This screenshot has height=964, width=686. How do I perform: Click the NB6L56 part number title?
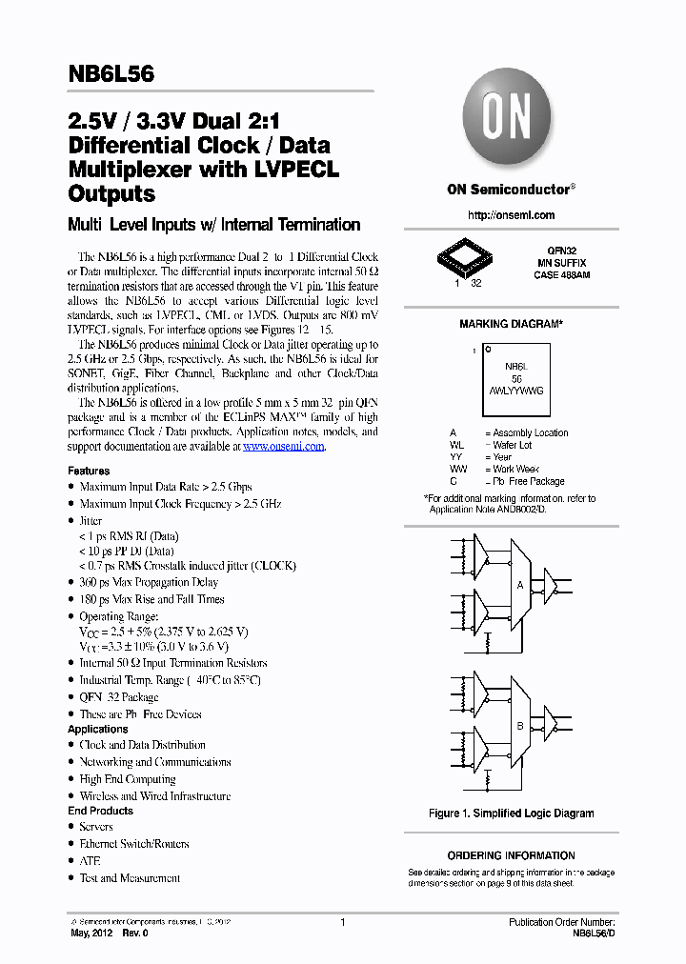tap(111, 75)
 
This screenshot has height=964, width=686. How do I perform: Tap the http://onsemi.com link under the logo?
tap(511, 215)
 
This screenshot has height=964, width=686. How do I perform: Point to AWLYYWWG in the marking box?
tap(517, 391)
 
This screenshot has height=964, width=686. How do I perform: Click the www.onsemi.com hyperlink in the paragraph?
tap(284, 446)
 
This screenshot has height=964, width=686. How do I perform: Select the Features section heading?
tap(89, 471)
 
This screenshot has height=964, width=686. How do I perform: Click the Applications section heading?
tap(98, 729)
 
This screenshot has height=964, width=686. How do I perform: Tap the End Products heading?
tap(100, 811)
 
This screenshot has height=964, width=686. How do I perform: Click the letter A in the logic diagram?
tap(520, 585)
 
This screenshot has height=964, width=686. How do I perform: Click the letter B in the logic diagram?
tap(520, 726)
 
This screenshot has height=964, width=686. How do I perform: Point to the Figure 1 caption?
tap(511, 813)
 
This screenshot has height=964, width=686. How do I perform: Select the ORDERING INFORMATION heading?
tap(511, 855)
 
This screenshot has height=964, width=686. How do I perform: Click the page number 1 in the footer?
tap(342, 922)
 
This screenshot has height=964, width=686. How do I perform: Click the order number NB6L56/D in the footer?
tap(594, 934)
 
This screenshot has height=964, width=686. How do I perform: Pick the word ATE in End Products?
tap(90, 861)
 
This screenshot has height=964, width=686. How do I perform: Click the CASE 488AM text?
tap(561, 274)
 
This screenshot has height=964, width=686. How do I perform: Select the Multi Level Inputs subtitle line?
tap(213, 225)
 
